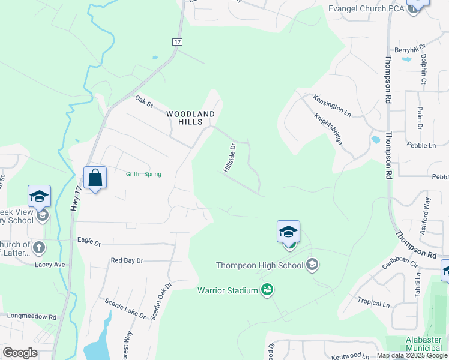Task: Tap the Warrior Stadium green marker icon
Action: [x=267, y=290]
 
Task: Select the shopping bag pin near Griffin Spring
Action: [x=95, y=178]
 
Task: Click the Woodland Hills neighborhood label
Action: [x=190, y=117]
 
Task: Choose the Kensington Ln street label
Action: [x=331, y=104]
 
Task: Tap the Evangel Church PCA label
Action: [x=366, y=8]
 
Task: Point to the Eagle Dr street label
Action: [x=89, y=241]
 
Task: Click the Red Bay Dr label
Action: [x=127, y=260]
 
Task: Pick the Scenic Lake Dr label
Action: [x=125, y=308]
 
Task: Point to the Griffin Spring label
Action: [x=143, y=174]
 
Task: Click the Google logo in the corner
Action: [x=20, y=353]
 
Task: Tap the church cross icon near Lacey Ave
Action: [x=39, y=247]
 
